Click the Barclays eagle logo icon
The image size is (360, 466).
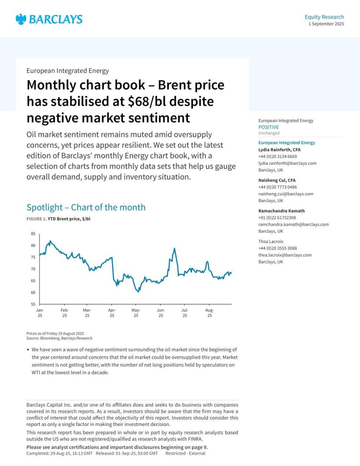coord(21,19)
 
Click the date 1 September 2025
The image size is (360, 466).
coord(326,24)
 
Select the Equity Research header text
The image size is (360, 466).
coord(324,17)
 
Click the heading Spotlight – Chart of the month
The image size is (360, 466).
coord(86,208)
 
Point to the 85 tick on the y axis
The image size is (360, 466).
coord(33,234)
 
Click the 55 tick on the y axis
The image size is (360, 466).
coord(33,304)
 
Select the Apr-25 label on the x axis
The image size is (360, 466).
coord(112,313)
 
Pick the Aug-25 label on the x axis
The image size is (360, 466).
coord(209,313)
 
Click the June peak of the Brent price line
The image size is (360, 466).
coord(174,248)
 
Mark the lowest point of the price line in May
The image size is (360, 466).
coord(138,292)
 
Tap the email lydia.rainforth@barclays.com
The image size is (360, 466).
coord(287,163)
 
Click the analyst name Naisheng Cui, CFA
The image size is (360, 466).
coord(277,180)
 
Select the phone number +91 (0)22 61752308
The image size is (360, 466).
coord(277,218)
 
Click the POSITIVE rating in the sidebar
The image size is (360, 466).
coord(269,127)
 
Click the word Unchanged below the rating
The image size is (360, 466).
coord(269,133)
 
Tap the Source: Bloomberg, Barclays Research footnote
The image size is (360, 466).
coord(59,338)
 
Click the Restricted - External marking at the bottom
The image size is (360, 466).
coord(185,453)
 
